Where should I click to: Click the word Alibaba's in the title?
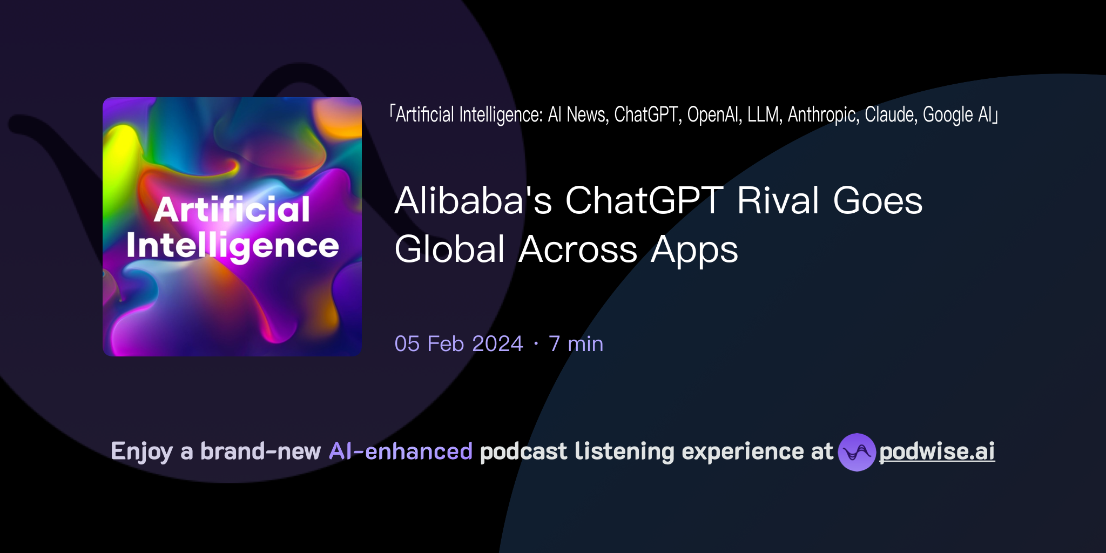point(473,201)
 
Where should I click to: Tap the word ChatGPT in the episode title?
point(644,201)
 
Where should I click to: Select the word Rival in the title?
point(778,201)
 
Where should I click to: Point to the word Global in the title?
point(450,249)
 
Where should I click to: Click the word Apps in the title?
point(694,251)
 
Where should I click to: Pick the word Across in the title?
point(578,249)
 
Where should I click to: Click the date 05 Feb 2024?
point(458,343)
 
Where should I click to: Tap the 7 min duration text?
point(576,343)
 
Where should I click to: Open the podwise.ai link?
point(936,451)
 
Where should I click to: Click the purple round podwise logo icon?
point(857,452)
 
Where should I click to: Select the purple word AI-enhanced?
point(401,451)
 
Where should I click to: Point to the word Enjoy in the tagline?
point(141,451)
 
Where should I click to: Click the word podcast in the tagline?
point(523,451)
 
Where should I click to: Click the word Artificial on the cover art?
point(232,210)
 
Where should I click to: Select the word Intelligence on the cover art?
point(232,246)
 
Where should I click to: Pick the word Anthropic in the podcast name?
point(823,114)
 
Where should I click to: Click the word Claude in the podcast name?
point(891,114)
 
